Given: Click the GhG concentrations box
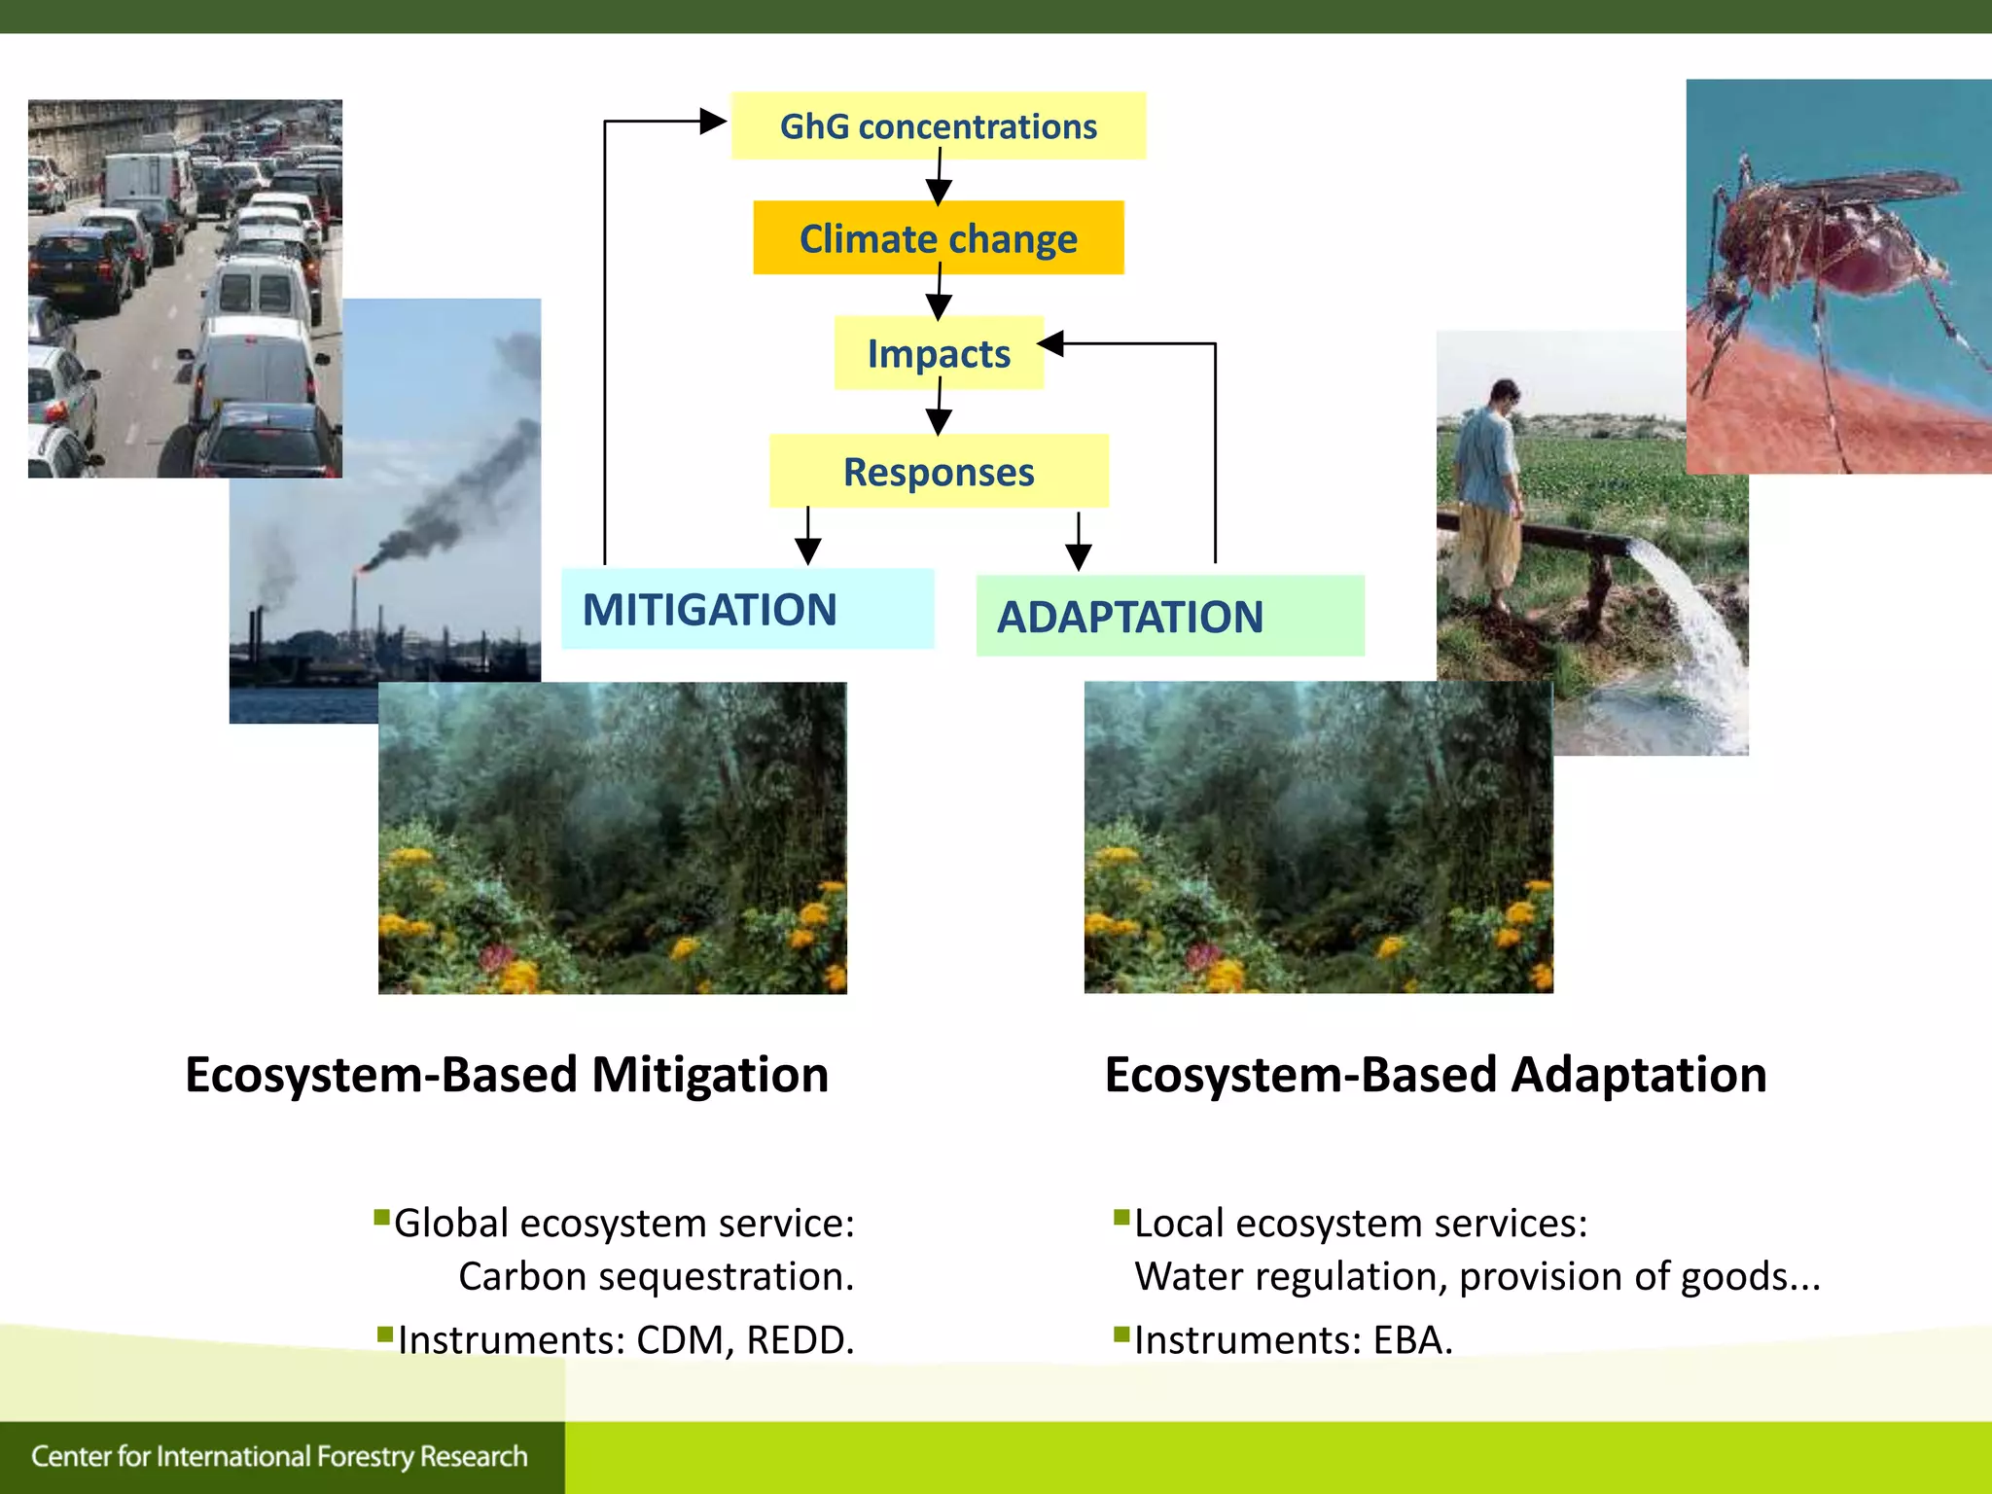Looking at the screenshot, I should [x=938, y=126].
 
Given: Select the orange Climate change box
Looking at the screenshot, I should [x=938, y=238].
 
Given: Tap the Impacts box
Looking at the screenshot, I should [x=938, y=353].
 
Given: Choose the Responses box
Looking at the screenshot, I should [x=938, y=472].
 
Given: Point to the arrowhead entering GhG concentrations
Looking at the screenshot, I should [x=714, y=122].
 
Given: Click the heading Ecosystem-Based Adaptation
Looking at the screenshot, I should [x=1435, y=1075].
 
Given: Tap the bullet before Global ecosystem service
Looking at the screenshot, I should [x=382, y=1218].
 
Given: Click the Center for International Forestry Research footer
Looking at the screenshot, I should [x=279, y=1456].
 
